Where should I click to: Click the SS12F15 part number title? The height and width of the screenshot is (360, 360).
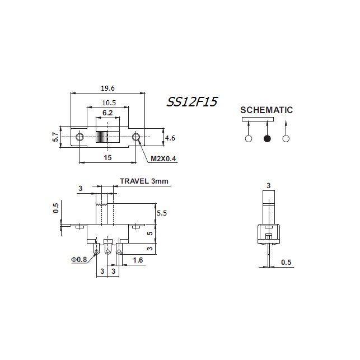point(192,102)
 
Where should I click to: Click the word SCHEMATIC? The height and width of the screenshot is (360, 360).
point(267,110)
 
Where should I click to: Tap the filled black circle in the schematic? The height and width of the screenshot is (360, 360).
point(267,138)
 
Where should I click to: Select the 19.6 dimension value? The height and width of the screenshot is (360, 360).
point(107,88)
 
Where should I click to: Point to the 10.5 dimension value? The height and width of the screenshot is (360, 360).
point(109,102)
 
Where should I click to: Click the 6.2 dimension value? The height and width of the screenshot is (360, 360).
point(107,113)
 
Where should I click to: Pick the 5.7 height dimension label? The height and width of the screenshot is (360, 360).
point(55,137)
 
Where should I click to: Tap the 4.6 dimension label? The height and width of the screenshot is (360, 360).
point(170,138)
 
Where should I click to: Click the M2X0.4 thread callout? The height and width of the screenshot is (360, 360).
point(163,158)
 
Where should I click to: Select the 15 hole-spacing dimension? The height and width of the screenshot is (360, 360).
point(107,158)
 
